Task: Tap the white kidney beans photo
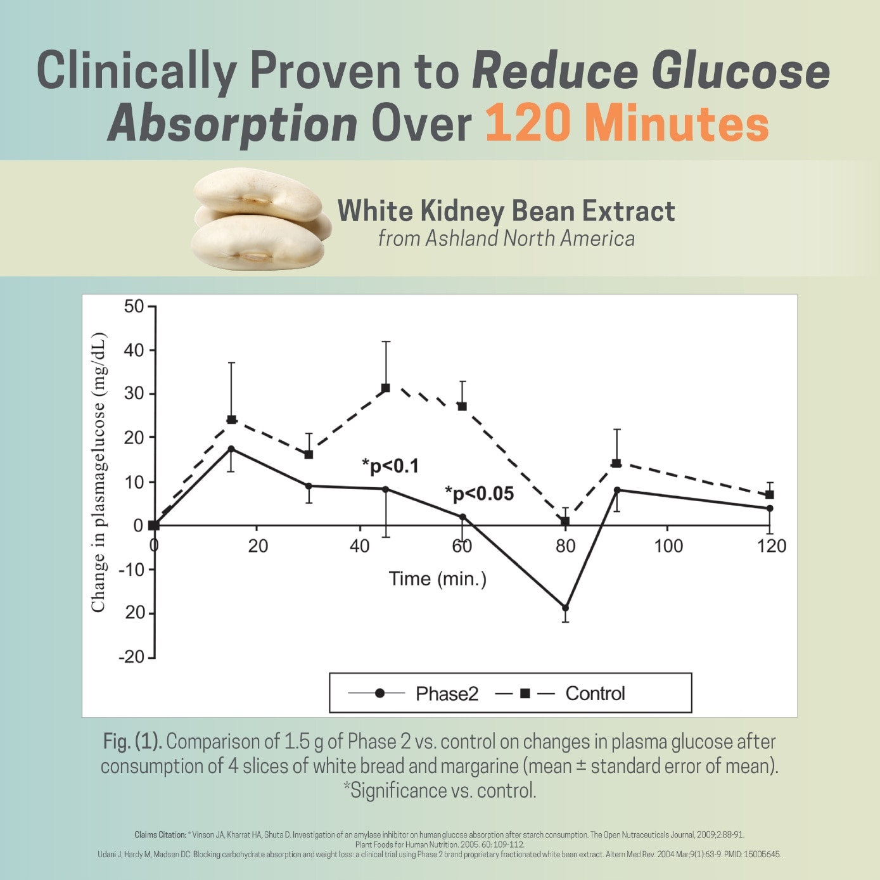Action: pyautogui.click(x=261, y=219)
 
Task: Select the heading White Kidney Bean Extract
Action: pyautogui.click(x=506, y=211)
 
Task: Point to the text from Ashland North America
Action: pyautogui.click(x=506, y=238)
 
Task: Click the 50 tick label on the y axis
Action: pyautogui.click(x=134, y=307)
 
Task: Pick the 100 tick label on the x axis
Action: pyautogui.click(x=668, y=546)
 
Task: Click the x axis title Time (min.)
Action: pyautogui.click(x=438, y=579)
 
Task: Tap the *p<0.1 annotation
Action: pyautogui.click(x=390, y=466)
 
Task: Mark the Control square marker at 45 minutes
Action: pyautogui.click(x=385, y=388)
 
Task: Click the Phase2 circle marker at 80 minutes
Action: pyautogui.click(x=565, y=608)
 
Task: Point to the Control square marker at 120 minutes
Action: pyautogui.click(x=770, y=495)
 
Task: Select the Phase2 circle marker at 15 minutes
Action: pyautogui.click(x=231, y=449)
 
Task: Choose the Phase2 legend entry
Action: pyautogui.click(x=413, y=693)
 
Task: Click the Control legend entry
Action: pyautogui.click(x=560, y=693)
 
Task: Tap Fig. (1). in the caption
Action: pyautogui.click(x=132, y=742)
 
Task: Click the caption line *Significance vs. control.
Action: pyautogui.click(x=440, y=791)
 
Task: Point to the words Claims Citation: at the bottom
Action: pyautogui.click(x=160, y=835)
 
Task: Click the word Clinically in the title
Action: pyautogui.click(x=137, y=72)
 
